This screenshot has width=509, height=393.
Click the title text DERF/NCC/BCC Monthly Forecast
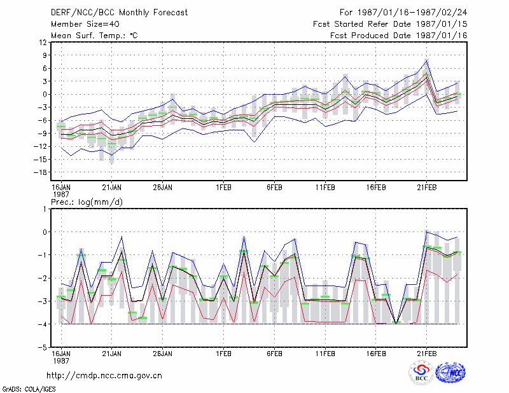pos(119,13)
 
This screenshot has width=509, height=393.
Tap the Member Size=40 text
pos(85,24)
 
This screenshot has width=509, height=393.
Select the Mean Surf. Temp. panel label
pos(94,36)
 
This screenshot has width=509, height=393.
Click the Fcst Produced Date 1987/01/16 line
pos(399,36)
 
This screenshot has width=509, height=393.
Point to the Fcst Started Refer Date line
pos(390,24)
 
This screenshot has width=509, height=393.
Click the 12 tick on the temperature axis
pos(43,42)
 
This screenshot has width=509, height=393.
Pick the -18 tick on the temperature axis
pos(40,172)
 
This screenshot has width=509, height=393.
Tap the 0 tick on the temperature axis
pos(45,95)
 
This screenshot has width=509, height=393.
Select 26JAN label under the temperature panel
pos(163,188)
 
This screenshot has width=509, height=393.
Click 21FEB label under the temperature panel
pos(426,188)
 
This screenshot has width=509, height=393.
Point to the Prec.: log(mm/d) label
pos(87,202)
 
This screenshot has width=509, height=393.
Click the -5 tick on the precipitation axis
pos(43,347)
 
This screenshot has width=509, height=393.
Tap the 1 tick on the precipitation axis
pos(45,209)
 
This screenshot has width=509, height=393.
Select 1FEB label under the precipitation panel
pos(224,354)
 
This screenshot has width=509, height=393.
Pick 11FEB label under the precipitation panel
pos(325,354)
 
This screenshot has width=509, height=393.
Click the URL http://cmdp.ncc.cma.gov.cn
pos(104,376)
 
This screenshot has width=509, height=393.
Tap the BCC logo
pos(421,373)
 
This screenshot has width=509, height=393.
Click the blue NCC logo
pos(450,373)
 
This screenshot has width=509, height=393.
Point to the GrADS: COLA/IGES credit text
pos(29,389)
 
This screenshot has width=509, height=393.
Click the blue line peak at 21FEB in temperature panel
pos(426,60)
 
